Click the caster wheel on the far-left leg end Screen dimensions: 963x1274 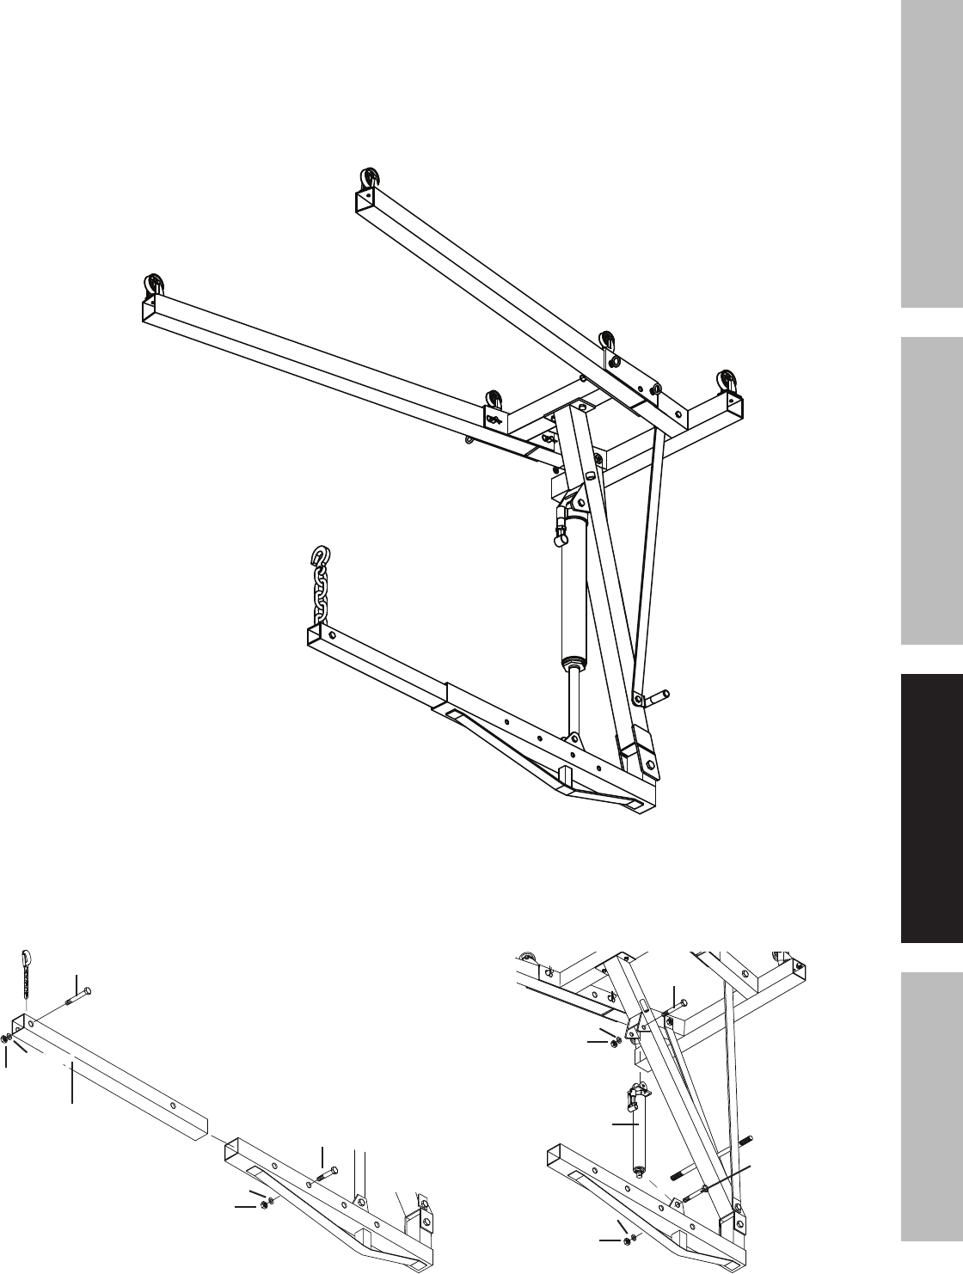coord(154,285)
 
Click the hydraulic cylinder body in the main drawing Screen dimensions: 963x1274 coord(572,602)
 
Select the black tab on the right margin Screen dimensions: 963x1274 coord(932,807)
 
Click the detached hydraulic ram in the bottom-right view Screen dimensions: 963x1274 coord(637,1126)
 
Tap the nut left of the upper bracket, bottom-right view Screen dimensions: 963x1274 coord(617,1043)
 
